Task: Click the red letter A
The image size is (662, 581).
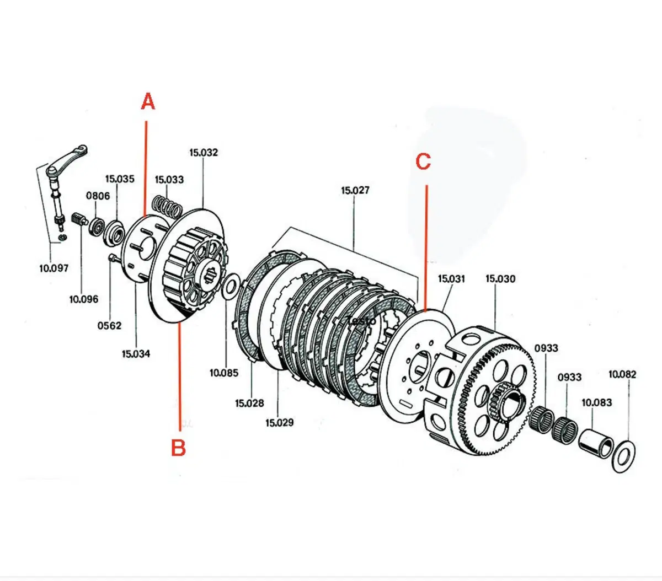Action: coord(148,101)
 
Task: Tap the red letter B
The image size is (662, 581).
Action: coord(178,448)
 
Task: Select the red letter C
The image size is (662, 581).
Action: coord(423,162)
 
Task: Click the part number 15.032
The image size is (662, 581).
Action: coord(204,153)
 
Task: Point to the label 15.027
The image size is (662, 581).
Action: coord(355,190)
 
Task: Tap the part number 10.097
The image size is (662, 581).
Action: coord(54,268)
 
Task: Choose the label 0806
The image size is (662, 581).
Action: coord(98,196)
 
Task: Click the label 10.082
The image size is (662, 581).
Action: coord(622,374)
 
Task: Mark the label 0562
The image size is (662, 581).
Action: coord(109,326)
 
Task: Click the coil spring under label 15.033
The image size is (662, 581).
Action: coord(167,206)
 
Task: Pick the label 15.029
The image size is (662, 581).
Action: coord(279,423)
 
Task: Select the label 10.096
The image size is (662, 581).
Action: coord(84,299)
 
